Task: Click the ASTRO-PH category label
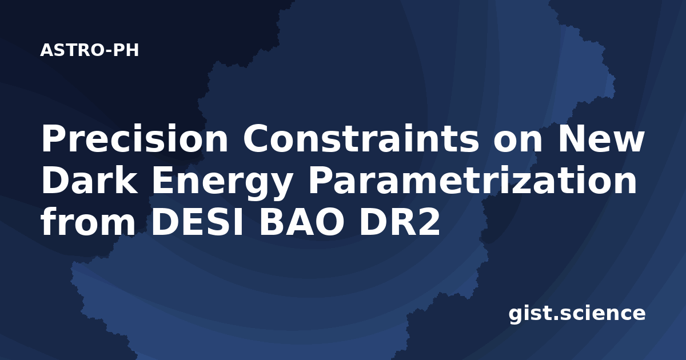tap(89, 50)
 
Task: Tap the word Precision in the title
tap(135, 138)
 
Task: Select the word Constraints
tap(361, 138)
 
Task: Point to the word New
tap(601, 138)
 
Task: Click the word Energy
tap(222, 183)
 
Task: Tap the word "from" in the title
tap(88, 221)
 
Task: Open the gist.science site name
tap(577, 314)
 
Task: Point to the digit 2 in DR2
tap(428, 222)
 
